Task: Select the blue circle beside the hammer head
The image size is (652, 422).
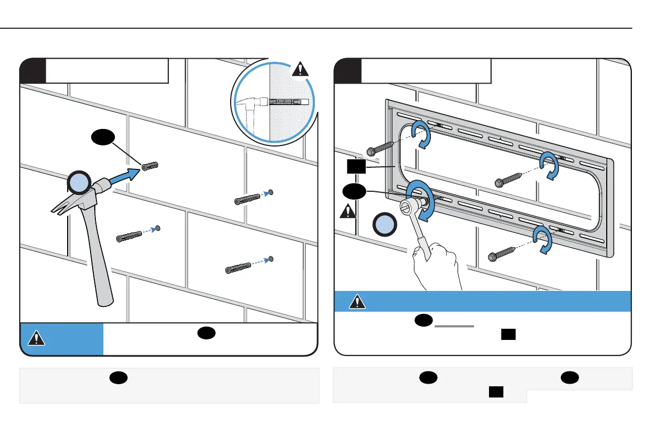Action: coord(78,182)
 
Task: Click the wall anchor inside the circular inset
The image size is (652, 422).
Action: coord(288,101)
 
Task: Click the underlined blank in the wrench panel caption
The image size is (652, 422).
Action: coord(454,326)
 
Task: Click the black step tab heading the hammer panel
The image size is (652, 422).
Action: coord(32,70)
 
